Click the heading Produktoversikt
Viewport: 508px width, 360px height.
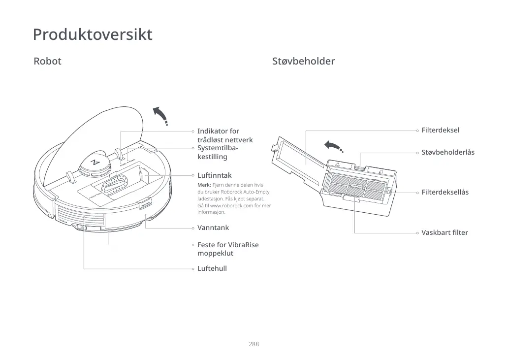click(x=93, y=35)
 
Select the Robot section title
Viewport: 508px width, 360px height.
click(x=47, y=62)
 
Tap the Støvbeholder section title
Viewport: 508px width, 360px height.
click(x=303, y=62)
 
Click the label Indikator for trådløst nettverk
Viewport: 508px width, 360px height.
click(x=224, y=135)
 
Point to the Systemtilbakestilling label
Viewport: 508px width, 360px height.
click(x=218, y=152)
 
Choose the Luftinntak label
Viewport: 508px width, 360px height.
click(x=214, y=175)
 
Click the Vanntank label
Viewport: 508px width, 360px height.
click(x=213, y=228)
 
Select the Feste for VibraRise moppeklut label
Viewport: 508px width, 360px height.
click(x=227, y=249)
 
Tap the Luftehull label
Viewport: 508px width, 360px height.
click(x=212, y=268)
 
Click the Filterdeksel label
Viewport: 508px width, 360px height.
click(x=440, y=131)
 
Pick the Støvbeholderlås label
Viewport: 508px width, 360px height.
click(x=447, y=153)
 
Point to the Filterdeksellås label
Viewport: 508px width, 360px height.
click(x=444, y=192)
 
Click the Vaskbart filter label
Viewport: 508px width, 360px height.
click(x=444, y=232)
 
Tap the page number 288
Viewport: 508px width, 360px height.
click(x=254, y=344)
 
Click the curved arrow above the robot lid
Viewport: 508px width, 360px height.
click(x=160, y=116)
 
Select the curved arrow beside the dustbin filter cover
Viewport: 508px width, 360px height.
click(x=333, y=146)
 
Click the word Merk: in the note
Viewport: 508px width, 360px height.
click(x=204, y=185)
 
